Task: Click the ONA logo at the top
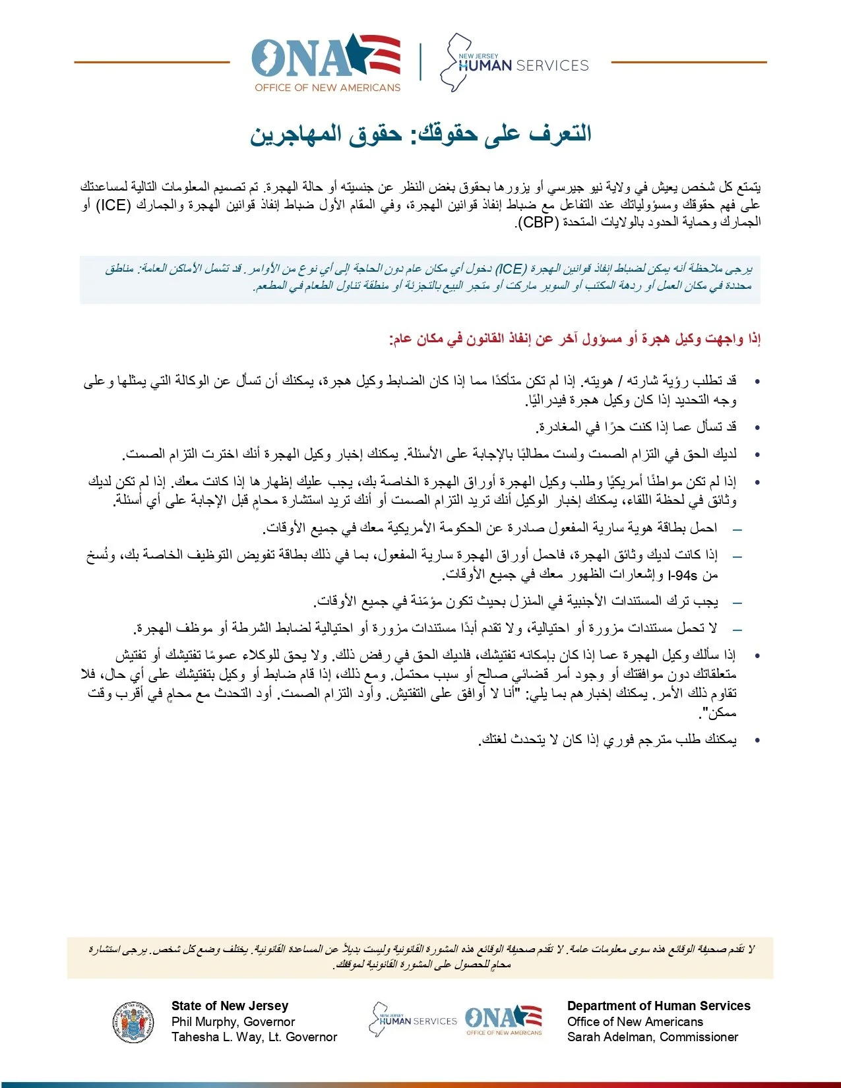click(x=326, y=63)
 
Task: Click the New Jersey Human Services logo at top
click(x=515, y=63)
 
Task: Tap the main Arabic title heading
click(x=421, y=134)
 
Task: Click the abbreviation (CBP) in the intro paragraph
click(x=538, y=223)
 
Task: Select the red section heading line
click(x=575, y=339)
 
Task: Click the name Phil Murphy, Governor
click(x=233, y=1021)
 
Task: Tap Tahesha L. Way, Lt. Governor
click(x=254, y=1037)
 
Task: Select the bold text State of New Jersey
click(x=230, y=1006)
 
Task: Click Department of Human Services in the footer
click(x=658, y=1006)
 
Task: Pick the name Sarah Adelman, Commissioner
click(x=652, y=1037)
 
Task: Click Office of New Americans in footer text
click(x=635, y=1021)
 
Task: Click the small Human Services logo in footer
click(x=413, y=1020)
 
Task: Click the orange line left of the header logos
click(x=152, y=63)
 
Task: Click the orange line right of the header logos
click(x=689, y=63)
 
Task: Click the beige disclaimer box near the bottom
click(x=420, y=957)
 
